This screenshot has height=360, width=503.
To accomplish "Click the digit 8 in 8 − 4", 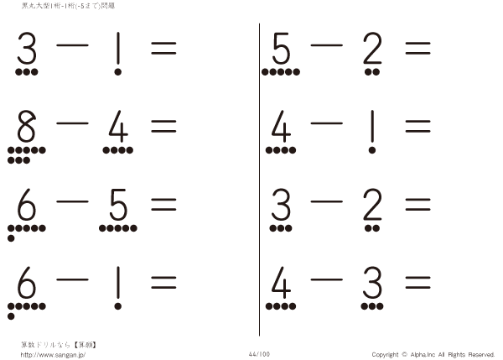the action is pos(26,126).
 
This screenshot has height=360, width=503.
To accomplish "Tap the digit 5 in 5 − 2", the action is pos(282,48).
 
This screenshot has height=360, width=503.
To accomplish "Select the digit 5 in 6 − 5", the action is pos(118,205).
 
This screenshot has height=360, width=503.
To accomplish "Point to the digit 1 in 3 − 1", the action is pos(118,48).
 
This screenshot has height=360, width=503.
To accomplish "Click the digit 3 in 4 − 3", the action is pos(372,283).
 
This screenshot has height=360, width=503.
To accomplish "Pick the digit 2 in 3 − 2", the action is pos(372,204).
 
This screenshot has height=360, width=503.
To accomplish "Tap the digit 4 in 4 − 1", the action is pos(282,126).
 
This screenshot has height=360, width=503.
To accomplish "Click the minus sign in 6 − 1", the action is pos(72,279).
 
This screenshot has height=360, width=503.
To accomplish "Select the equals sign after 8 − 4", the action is pos(163,126).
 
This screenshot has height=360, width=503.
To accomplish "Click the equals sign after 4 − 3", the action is pos(417,283).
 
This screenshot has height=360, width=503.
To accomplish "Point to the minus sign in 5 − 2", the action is pos(327,45).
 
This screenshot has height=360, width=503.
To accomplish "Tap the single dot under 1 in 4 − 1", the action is pos(372,150).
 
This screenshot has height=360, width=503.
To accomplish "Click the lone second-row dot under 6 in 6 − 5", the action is pos(11,238).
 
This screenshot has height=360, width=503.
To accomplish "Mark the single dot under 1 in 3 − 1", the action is pos(117,72).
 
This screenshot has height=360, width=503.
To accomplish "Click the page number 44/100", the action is pos(259,354).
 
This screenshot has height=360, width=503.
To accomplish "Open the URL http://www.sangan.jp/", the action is pos(53,355).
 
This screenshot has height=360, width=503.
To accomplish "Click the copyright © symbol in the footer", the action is pos(404,354).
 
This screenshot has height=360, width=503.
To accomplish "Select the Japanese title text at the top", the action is pos(68,6).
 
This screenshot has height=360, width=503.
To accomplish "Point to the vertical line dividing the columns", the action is pos(259,180).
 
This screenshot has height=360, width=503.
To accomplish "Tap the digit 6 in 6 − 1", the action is pos(26,283).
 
